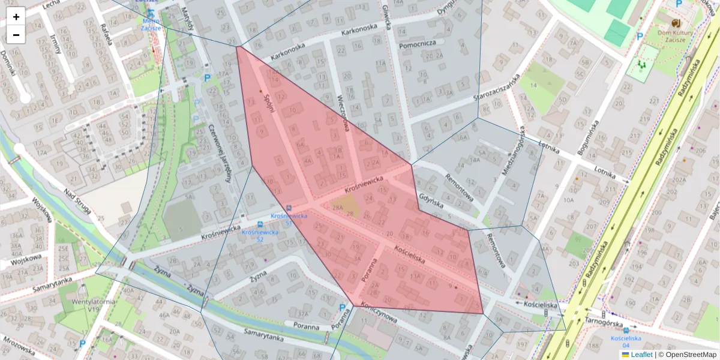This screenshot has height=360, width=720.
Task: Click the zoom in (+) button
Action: click(16, 17)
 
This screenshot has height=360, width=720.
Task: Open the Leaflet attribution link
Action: click(641, 355)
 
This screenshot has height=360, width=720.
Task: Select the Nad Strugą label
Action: click(78, 202)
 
